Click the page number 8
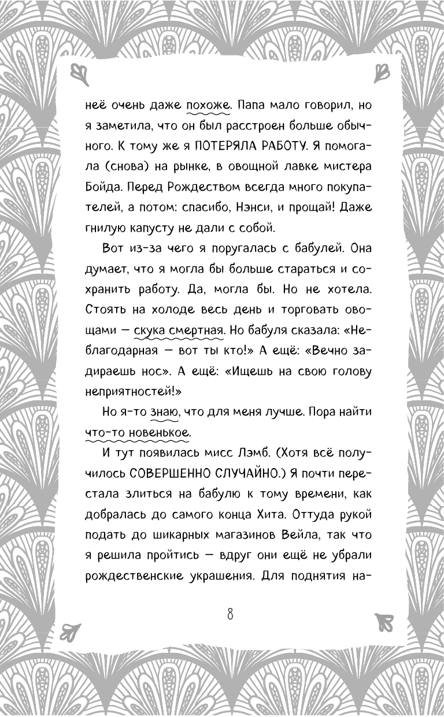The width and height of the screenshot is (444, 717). (x=230, y=614)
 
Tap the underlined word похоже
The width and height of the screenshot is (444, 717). (x=208, y=106)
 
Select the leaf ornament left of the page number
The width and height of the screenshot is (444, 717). (x=72, y=619)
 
